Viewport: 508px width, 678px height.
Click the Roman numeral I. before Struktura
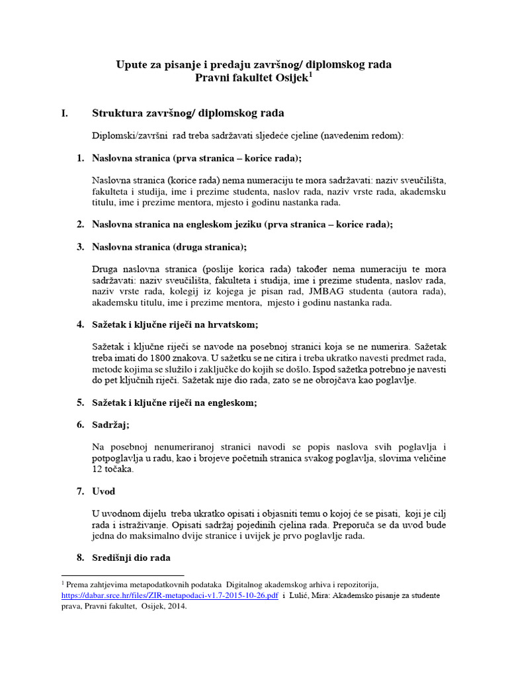(x=65, y=113)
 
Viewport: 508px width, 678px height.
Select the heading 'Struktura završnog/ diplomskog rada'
(x=188, y=113)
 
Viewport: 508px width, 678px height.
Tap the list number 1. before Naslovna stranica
(x=80, y=158)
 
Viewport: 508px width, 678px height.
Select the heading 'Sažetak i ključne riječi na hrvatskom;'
(x=175, y=324)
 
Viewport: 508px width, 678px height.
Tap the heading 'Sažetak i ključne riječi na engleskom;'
(x=175, y=403)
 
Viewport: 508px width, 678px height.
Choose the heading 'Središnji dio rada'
(x=132, y=558)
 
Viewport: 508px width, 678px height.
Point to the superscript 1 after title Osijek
(x=310, y=74)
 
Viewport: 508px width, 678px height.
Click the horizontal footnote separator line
(x=122, y=575)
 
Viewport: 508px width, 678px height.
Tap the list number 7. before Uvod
(x=80, y=491)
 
